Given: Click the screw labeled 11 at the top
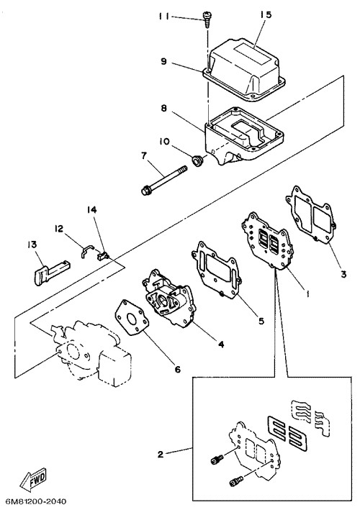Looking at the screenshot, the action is click(x=206, y=19).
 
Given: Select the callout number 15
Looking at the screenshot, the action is click(x=266, y=15).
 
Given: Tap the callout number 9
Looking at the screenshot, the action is click(x=163, y=61).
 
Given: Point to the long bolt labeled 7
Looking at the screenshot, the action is click(x=164, y=181).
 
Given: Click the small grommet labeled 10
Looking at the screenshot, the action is click(x=197, y=160).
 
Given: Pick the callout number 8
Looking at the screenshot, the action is click(x=163, y=109).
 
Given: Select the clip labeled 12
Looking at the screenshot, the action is click(x=87, y=251).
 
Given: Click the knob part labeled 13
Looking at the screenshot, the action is click(x=51, y=273).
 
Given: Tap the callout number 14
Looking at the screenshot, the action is click(x=91, y=210).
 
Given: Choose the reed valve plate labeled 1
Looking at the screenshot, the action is click(x=267, y=242).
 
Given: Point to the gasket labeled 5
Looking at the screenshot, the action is click(x=217, y=270).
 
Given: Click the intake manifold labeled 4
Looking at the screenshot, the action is click(x=168, y=299).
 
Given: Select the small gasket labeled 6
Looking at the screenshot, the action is click(x=132, y=318).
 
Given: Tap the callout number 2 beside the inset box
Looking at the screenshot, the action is click(x=160, y=454).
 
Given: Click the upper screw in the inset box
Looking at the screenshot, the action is click(x=217, y=460).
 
